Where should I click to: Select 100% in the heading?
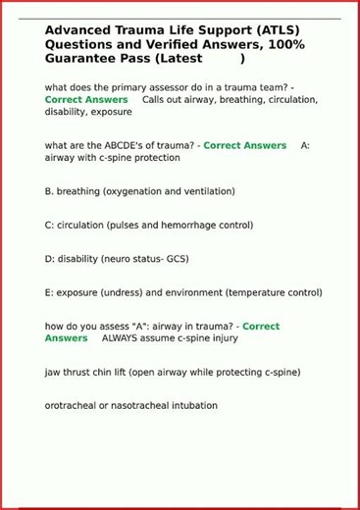tap(284, 44)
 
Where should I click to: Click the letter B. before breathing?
tap(49, 191)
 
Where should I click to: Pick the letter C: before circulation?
tap(49, 225)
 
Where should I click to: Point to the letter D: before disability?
tap(49, 259)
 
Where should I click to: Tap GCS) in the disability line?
tap(174, 259)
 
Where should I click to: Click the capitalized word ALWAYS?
tap(122, 338)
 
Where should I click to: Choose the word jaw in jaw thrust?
tap(53, 372)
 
